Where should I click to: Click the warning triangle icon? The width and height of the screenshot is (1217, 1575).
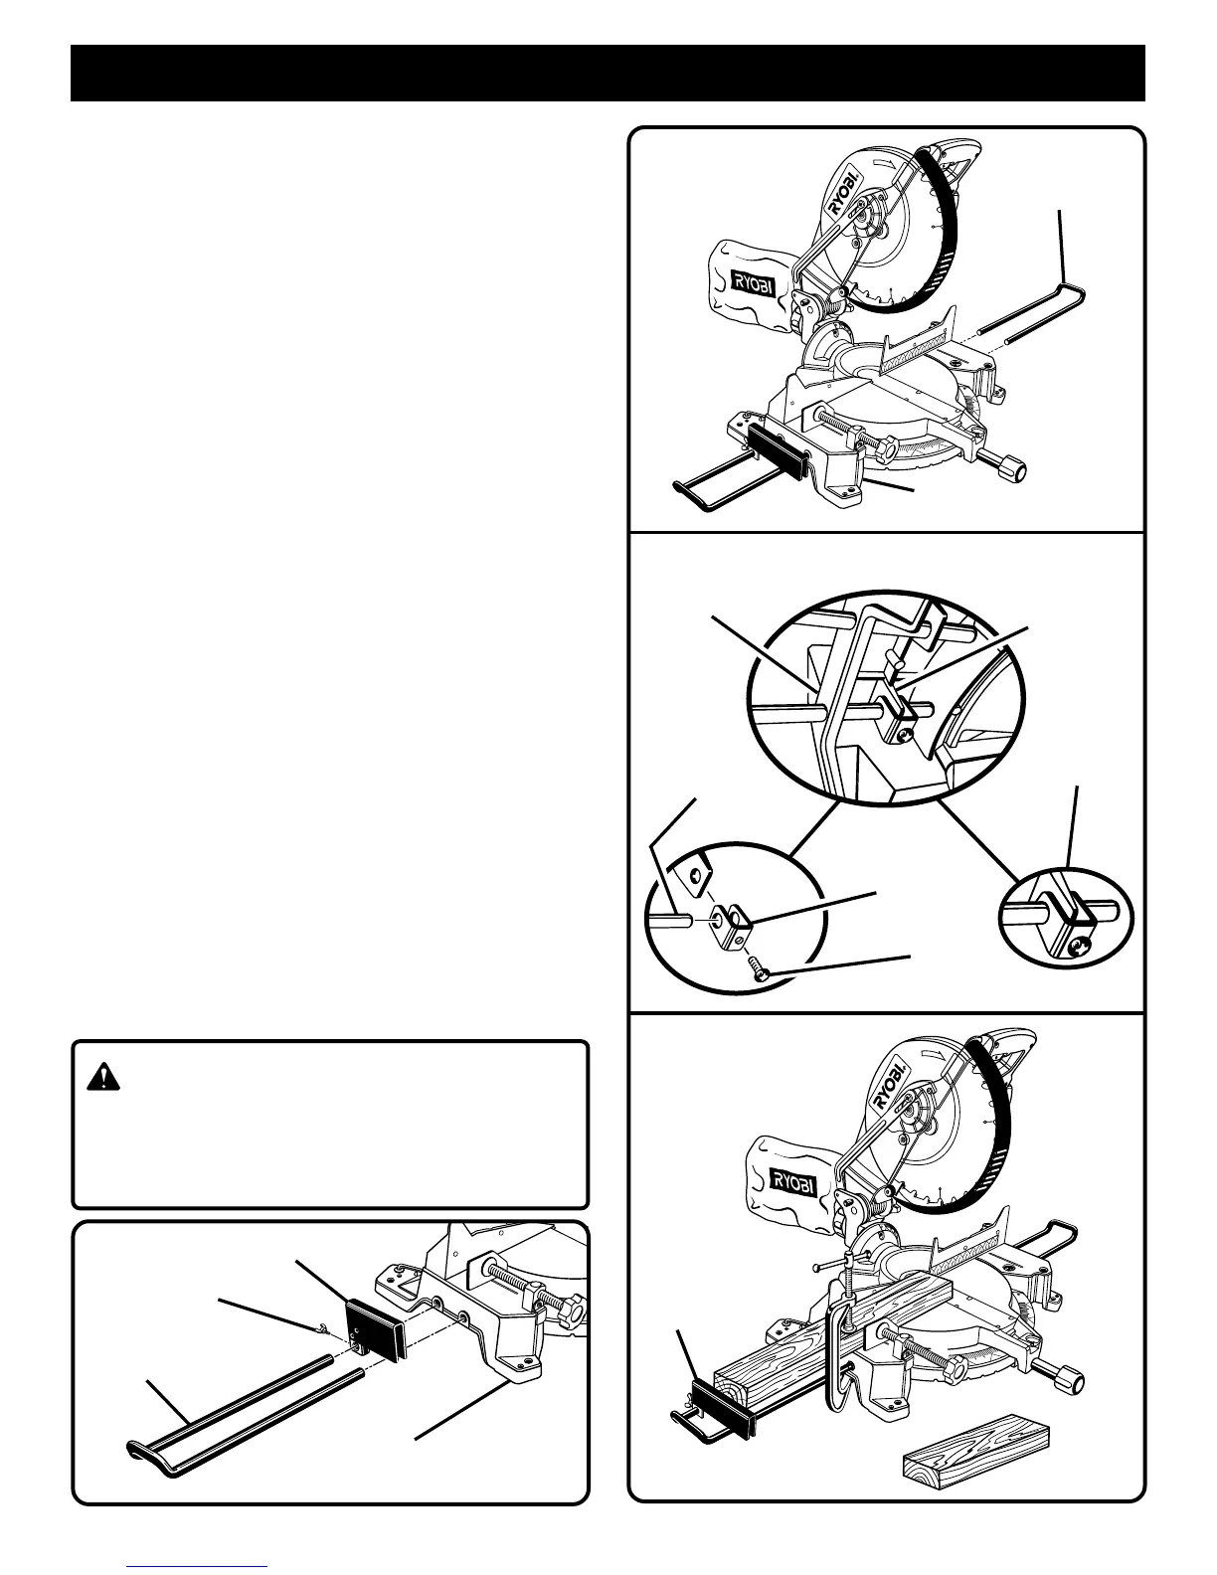click(103, 1076)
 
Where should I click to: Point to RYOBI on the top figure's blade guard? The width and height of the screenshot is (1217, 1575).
click(846, 194)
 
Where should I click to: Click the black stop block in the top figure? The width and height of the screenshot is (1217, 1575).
click(777, 450)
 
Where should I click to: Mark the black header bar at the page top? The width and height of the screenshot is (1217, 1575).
click(608, 74)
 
